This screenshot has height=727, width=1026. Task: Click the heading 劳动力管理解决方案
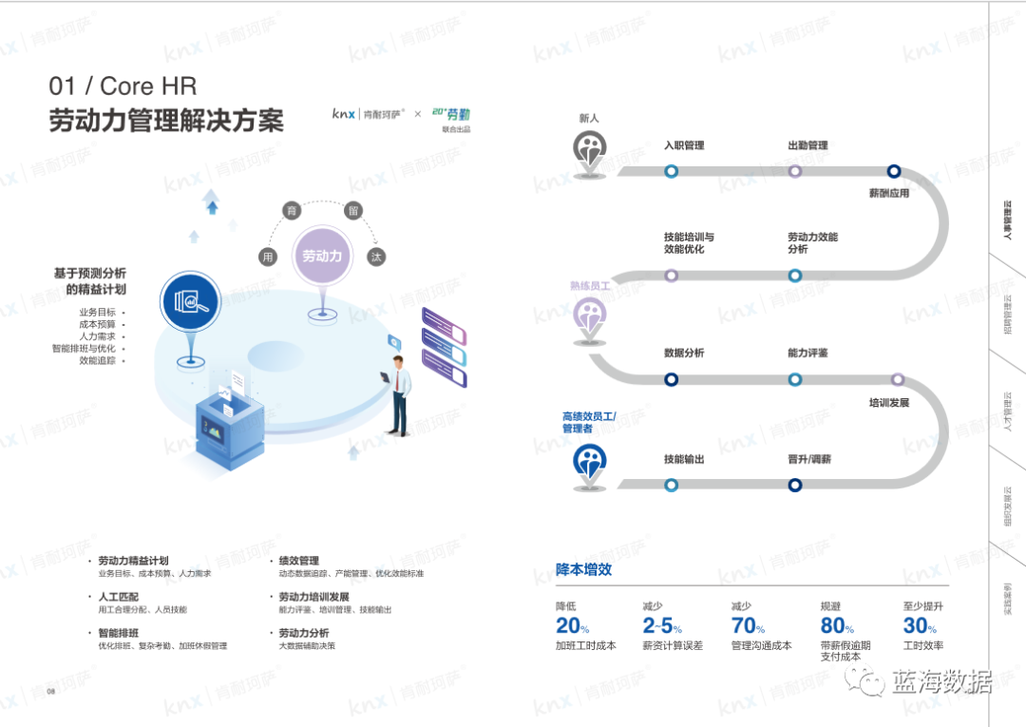(166, 121)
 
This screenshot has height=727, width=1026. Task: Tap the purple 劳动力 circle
(323, 256)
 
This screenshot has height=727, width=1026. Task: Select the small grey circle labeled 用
(268, 257)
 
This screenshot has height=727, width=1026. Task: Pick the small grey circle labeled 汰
(377, 257)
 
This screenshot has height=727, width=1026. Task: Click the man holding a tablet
(400, 393)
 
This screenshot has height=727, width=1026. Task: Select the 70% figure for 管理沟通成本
(748, 625)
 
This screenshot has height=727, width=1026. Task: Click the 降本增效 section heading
(583, 569)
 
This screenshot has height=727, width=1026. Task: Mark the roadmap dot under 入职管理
(672, 171)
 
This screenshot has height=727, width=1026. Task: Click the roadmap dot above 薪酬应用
(893, 171)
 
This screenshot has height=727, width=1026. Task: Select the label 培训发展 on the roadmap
(889, 403)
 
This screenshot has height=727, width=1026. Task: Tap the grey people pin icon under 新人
(590, 149)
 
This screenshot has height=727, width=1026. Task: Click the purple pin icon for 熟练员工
(590, 316)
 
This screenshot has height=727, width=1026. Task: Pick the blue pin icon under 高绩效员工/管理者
(590, 463)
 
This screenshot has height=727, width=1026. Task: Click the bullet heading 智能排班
(119, 633)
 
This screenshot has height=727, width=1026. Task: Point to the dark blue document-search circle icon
(191, 300)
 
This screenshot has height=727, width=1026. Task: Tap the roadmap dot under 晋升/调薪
(795, 485)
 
